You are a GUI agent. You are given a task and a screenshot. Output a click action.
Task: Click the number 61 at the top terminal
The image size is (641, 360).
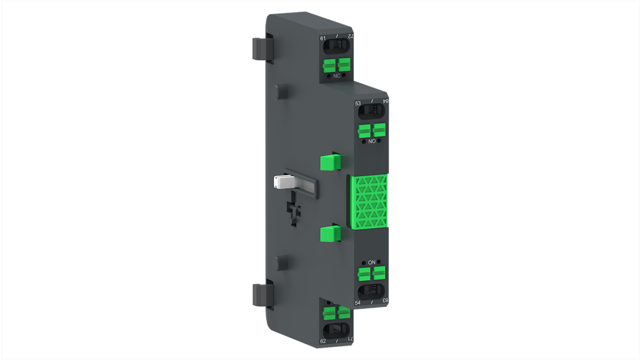[x=323, y=38]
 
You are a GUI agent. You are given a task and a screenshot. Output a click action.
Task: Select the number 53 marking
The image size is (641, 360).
[x=358, y=104]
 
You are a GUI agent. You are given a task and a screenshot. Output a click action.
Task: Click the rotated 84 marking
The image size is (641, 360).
[x=385, y=102]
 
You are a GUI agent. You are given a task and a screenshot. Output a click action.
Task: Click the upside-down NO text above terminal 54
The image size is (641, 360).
[x=372, y=262]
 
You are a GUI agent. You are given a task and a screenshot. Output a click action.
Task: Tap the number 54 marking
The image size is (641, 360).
[x=358, y=303]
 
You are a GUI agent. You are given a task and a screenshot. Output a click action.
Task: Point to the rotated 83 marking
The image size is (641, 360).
[x=385, y=300]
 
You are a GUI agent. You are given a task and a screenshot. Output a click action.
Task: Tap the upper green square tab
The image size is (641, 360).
[x=330, y=162]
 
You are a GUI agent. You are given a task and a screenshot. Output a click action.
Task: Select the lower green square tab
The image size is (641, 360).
[x=330, y=234]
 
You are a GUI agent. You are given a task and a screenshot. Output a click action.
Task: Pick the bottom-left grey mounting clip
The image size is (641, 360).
[x=260, y=294]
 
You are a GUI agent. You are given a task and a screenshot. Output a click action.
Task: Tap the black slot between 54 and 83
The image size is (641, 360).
[x=371, y=291]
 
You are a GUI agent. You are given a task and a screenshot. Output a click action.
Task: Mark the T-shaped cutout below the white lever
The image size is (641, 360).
[x=293, y=211]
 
